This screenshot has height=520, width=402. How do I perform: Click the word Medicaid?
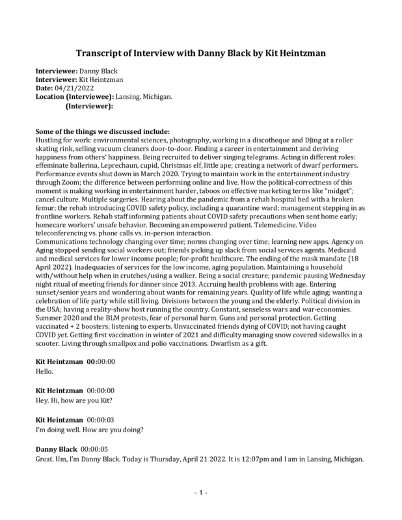[x=348, y=249]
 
